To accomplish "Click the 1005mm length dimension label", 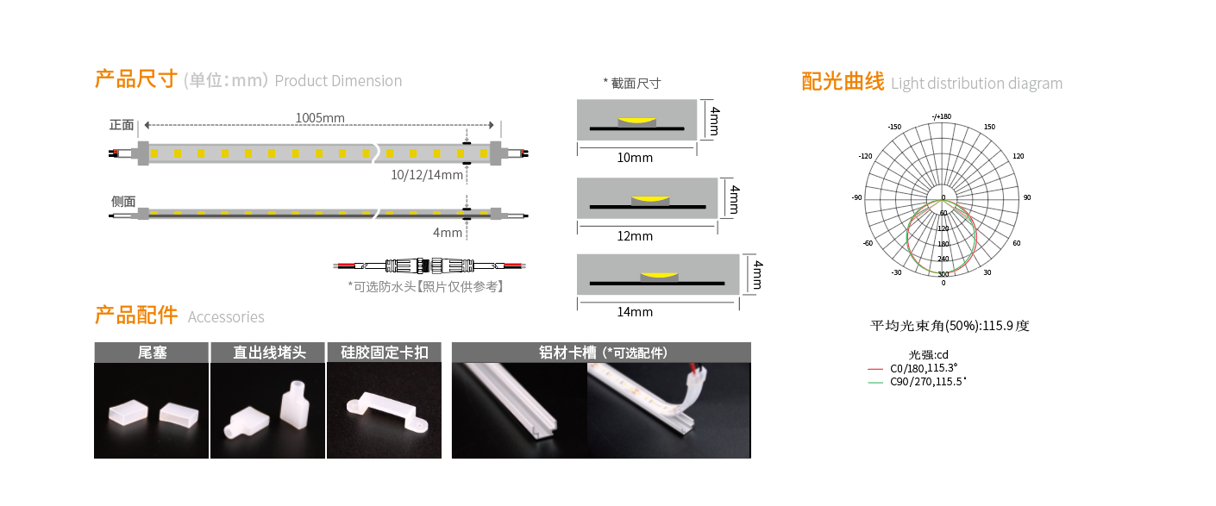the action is [x=320, y=118].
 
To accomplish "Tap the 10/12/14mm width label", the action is [x=427, y=175].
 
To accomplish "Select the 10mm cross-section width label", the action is [x=635, y=157].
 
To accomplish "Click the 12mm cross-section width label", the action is [x=635, y=236].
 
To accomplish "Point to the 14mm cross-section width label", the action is [x=635, y=312].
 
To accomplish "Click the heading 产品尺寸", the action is [x=135, y=78].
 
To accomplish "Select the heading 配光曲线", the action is [x=843, y=81].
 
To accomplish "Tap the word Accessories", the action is [x=226, y=316].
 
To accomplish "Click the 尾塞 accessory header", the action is [x=152, y=353].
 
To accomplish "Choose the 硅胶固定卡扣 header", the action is [x=385, y=353].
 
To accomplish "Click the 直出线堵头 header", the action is [x=269, y=353].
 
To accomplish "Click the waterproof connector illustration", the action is [x=429, y=265].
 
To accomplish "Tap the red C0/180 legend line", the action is [x=875, y=369].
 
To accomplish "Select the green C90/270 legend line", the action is [x=875, y=383].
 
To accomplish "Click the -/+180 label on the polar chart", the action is [x=942, y=116].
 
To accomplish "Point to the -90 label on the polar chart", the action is [x=856, y=197].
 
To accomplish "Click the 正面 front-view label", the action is [x=122, y=125].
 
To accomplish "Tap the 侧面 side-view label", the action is [x=123, y=202].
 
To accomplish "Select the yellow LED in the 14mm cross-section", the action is [x=659, y=275].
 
